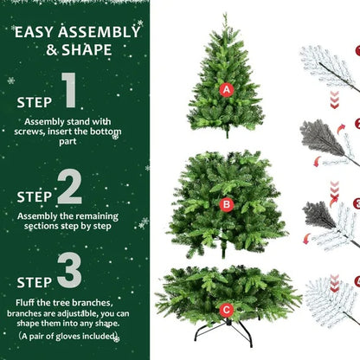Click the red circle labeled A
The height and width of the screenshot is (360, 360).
pos(226,89)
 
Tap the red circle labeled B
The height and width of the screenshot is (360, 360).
pos(227,205)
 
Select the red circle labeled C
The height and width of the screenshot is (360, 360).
pos(226,309)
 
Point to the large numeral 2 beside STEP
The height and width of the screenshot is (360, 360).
pos(70,187)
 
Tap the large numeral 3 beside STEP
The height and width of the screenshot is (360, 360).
pos(70,270)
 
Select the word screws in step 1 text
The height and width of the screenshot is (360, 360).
pos(45,132)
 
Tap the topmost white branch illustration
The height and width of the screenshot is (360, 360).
pos(329,65)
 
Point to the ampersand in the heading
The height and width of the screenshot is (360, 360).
pos(54,50)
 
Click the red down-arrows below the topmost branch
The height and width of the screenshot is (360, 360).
pos(334,102)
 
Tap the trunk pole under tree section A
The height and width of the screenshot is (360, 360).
pos(227,132)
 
